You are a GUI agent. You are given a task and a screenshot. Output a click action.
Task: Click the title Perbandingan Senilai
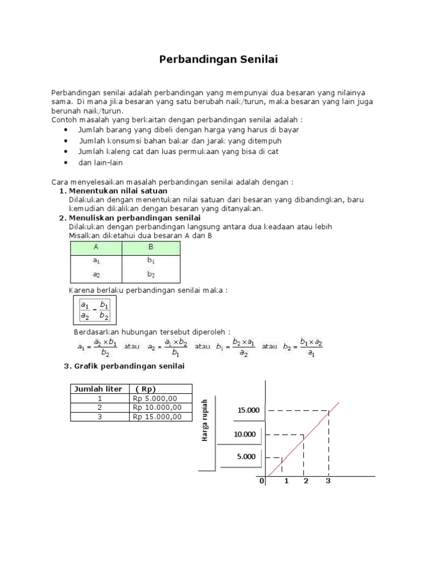218,59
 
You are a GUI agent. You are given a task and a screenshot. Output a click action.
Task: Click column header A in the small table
96,248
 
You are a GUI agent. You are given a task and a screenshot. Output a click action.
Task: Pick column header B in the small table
151,248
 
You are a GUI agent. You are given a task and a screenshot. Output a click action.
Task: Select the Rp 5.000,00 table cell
156,398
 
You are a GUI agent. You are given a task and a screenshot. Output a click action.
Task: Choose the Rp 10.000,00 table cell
158,408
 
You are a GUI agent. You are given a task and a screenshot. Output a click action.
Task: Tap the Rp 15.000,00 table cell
158,417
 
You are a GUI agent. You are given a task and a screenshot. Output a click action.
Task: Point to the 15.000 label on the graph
248,410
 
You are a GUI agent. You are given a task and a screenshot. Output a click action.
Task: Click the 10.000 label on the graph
245,435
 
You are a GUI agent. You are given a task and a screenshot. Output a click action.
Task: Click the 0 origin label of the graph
262,481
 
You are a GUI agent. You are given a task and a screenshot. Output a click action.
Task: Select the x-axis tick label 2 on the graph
306,481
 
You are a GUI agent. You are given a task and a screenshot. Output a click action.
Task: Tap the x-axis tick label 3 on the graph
328,481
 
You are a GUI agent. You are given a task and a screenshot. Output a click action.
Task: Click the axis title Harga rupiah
205,421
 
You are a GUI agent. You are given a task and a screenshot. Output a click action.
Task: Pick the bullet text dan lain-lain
100,163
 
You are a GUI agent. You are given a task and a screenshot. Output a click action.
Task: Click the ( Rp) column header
145,389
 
